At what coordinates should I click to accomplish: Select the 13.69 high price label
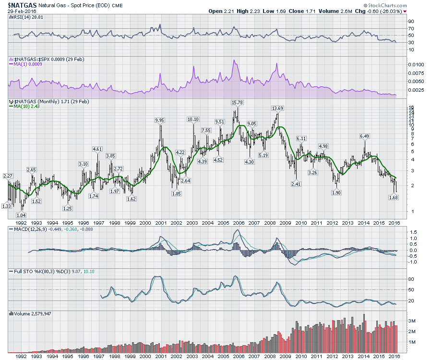pyautogui.click(x=277, y=108)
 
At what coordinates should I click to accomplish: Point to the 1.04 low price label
pyautogui.click(x=21, y=215)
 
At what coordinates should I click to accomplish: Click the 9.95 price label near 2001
pyautogui.click(x=160, y=120)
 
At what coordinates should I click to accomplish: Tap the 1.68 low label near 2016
pyautogui.click(x=394, y=197)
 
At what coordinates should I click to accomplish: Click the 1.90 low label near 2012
pyautogui.click(x=336, y=192)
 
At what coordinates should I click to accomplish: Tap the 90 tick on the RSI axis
pyautogui.click(x=411, y=21)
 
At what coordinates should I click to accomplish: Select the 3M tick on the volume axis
pyautogui.click(x=412, y=321)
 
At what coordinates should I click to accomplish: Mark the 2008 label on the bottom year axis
pyautogui.click(x=269, y=356)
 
